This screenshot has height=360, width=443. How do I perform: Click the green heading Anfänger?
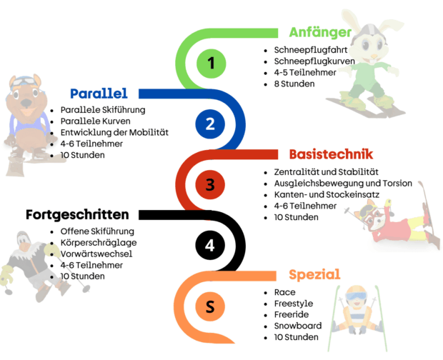(320, 33)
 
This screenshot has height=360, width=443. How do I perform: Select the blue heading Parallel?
(99, 94)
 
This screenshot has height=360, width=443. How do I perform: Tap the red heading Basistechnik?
(331, 154)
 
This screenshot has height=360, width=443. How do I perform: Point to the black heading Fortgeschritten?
(77, 214)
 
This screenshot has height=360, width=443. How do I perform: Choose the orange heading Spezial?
(314, 275)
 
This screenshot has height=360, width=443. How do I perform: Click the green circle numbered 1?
(210, 64)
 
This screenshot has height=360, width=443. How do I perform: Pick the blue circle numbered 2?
(210, 124)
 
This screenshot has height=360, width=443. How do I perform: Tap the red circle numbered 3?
(210, 185)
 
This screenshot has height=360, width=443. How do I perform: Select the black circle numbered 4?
(210, 246)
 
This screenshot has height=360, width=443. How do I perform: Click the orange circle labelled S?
(210, 306)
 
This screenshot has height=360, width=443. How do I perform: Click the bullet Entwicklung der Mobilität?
(114, 132)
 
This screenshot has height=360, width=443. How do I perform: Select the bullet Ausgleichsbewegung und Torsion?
(343, 184)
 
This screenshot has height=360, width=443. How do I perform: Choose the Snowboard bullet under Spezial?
(297, 326)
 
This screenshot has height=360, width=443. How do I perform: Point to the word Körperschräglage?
(99, 243)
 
